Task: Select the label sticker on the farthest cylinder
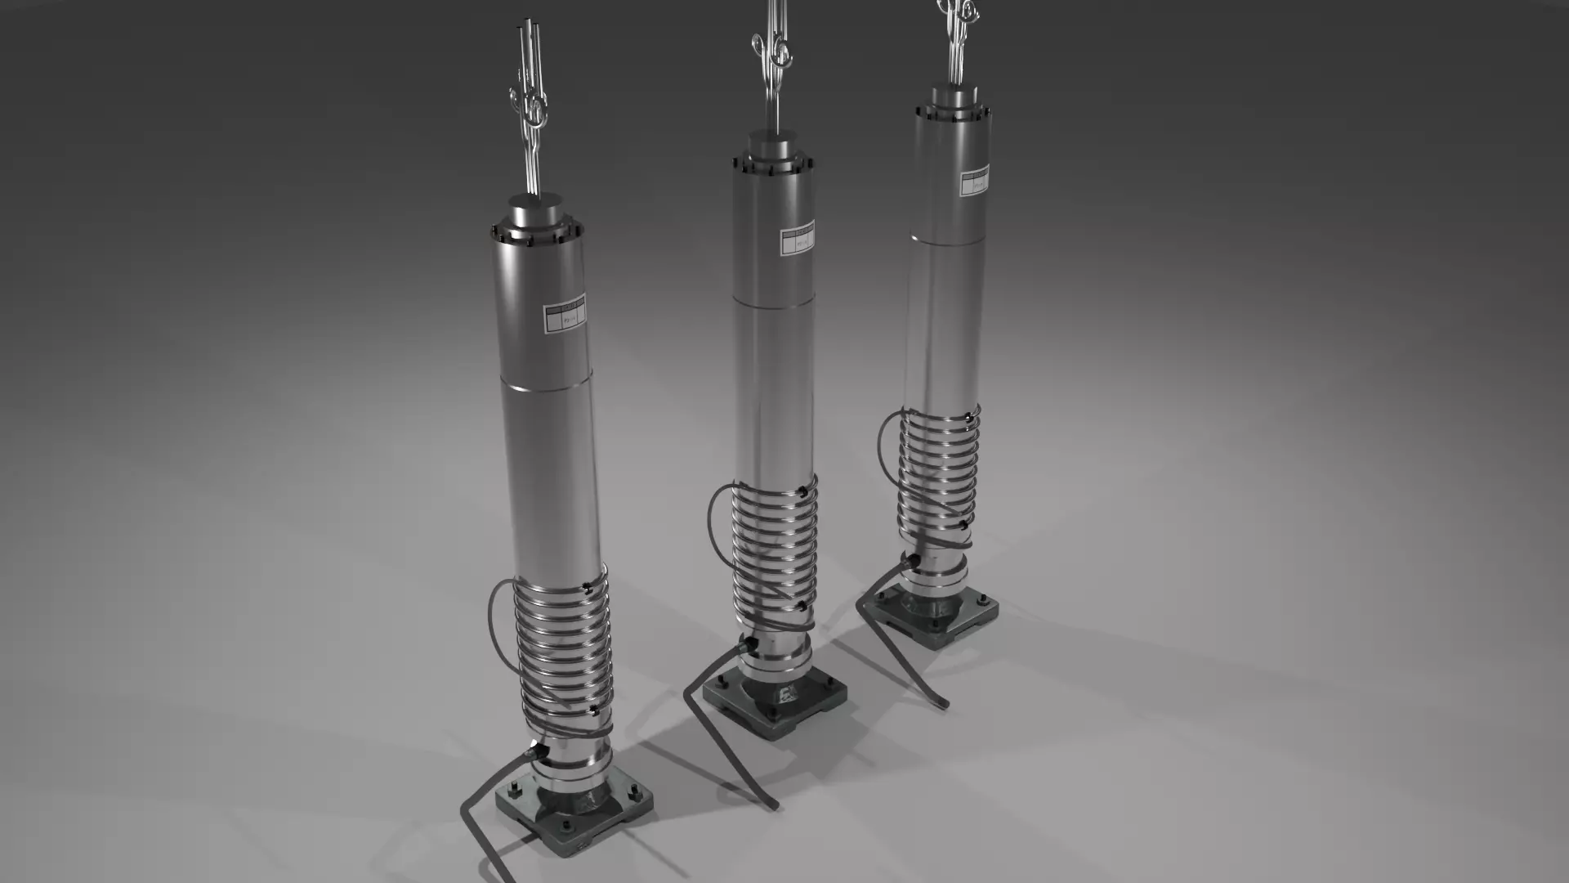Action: pyautogui.click(x=973, y=182)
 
